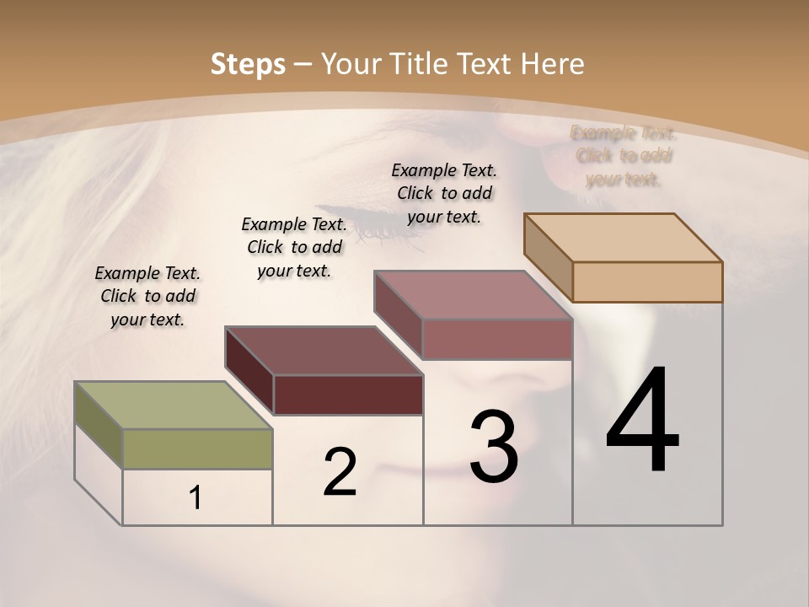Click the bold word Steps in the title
point(248,64)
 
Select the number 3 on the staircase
point(494,447)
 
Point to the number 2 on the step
point(340,472)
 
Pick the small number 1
point(196,497)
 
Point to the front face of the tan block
point(647,282)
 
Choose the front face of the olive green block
point(197,449)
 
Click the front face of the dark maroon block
point(348,395)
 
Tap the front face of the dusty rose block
point(497,339)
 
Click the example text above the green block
point(147,297)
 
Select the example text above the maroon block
point(294,247)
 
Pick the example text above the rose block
point(444,193)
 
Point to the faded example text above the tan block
point(624,156)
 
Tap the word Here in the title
point(553,64)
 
